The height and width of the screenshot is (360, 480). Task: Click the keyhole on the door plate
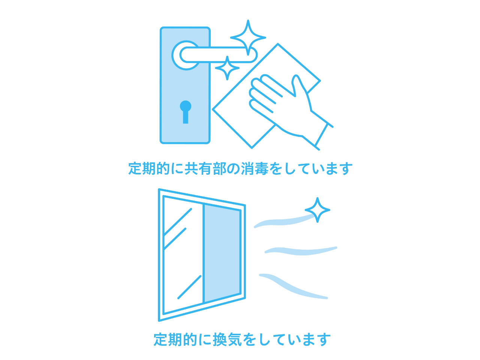pyautogui.click(x=186, y=112)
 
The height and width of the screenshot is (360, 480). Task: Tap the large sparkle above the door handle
pyautogui.click(x=248, y=37)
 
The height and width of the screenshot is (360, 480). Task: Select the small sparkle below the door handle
pyautogui.click(x=227, y=68)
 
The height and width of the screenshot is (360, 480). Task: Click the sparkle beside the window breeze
pyautogui.click(x=317, y=210)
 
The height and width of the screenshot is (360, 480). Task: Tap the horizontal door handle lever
pyautogui.click(x=219, y=55)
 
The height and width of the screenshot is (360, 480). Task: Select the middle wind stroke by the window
pyautogui.click(x=301, y=251)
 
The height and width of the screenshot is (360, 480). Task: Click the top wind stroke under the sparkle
pyautogui.click(x=284, y=221)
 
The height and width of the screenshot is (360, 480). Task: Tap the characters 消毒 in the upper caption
pyautogui.click(x=254, y=168)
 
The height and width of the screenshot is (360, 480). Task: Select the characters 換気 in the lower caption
pyautogui.click(x=226, y=339)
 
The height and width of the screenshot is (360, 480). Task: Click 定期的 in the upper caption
pyautogui.click(x=149, y=168)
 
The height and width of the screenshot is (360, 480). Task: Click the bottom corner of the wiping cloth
pyautogui.click(x=252, y=148)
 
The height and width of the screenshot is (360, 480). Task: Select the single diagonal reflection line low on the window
pyautogui.click(x=189, y=287)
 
